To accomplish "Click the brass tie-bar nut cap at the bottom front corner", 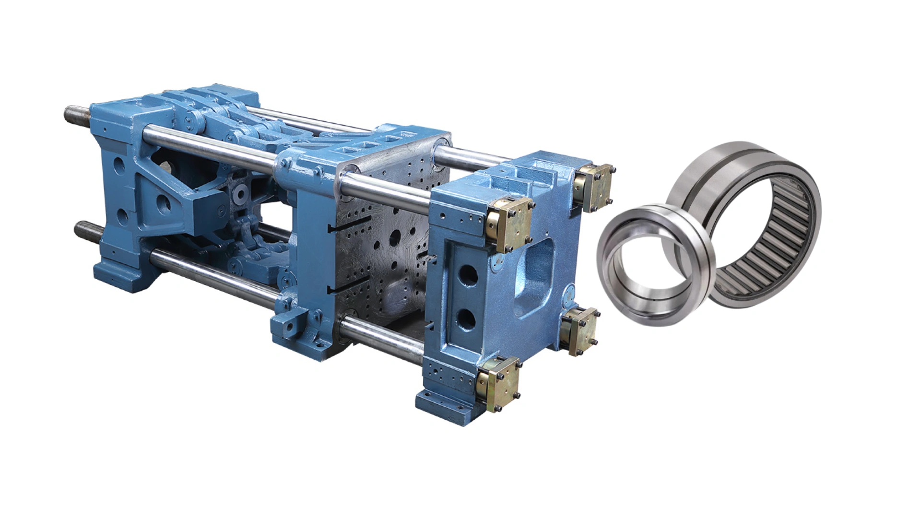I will [x=499, y=384].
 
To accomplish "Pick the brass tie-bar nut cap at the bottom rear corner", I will [x=580, y=331].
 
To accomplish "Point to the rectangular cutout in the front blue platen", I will [x=533, y=278].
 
